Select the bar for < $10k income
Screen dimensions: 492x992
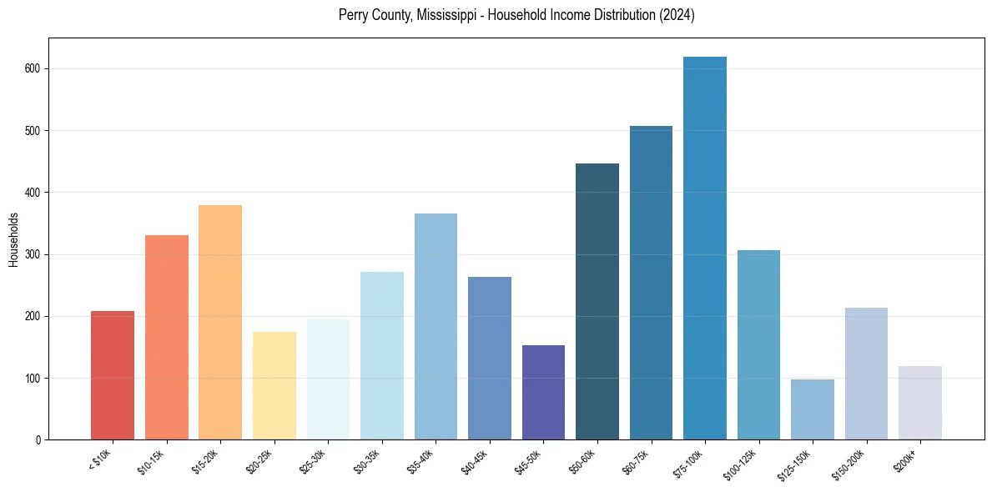113,375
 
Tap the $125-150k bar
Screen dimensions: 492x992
813,409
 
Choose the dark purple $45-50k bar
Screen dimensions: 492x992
543,392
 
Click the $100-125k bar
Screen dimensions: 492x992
758,345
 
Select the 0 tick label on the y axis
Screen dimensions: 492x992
39,440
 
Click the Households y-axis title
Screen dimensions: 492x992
13,238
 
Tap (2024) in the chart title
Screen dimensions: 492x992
677,15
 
